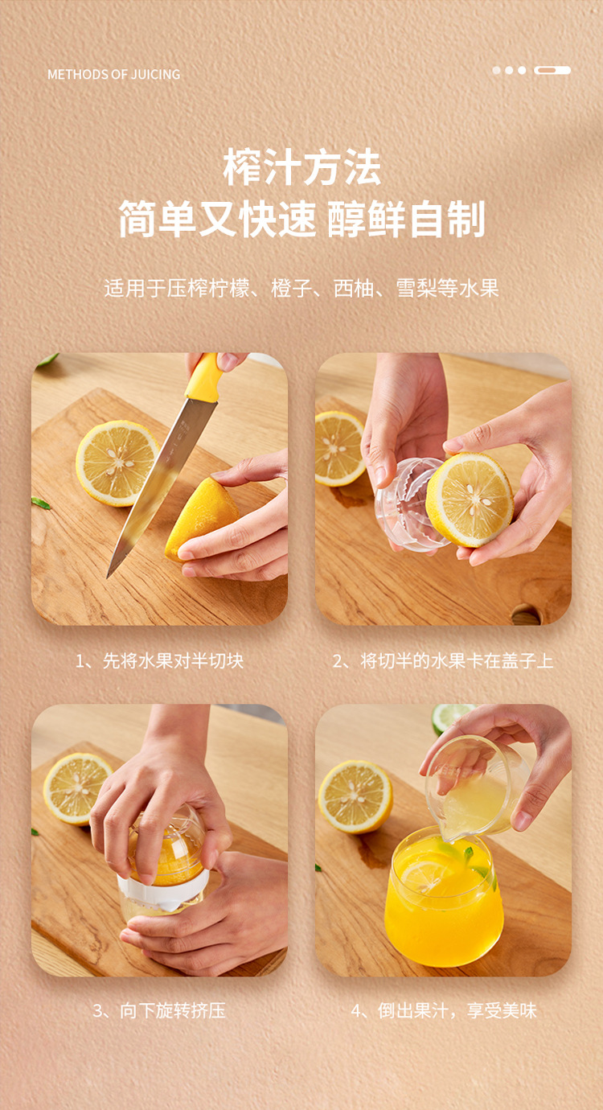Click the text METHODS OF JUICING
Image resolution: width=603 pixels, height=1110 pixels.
pyautogui.click(x=113, y=74)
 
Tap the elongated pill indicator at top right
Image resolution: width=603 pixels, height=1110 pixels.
pyautogui.click(x=552, y=70)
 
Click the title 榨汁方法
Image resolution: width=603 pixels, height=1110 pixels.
pyautogui.click(x=301, y=167)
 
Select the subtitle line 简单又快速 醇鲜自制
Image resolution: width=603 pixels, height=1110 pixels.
pyautogui.click(x=301, y=219)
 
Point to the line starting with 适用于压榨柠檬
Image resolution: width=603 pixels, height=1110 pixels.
pyautogui.click(x=301, y=288)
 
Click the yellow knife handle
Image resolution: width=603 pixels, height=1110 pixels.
pyautogui.click(x=204, y=376)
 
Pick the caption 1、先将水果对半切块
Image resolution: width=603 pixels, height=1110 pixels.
pyautogui.click(x=159, y=661)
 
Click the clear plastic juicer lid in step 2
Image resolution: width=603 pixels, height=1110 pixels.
pyautogui.click(x=408, y=504)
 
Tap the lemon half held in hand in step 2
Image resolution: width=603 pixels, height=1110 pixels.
pyautogui.click(x=469, y=499)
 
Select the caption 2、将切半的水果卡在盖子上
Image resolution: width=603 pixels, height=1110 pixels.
pyautogui.click(x=442, y=661)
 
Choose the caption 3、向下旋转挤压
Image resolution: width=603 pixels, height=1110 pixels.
pyautogui.click(x=159, y=1011)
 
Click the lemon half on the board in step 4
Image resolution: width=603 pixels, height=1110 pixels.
pyautogui.click(x=355, y=797)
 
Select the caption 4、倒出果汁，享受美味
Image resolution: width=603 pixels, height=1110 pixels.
pyautogui.click(x=444, y=1011)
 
